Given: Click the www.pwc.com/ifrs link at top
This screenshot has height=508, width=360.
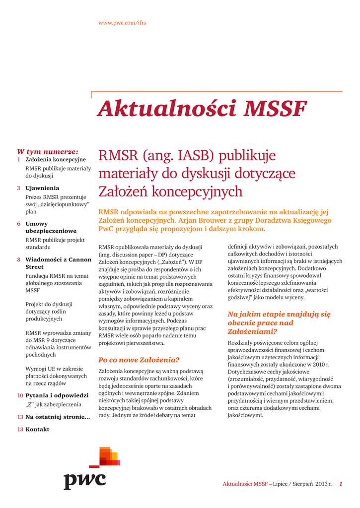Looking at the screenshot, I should tap(122, 23).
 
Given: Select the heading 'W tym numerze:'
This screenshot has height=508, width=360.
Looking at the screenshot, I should tap(48, 151).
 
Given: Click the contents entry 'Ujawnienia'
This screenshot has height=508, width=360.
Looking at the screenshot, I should tap(42, 188).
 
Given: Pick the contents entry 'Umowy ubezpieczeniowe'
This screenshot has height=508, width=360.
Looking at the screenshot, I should tap(51, 227).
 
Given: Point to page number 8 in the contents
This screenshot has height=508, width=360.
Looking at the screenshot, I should tap(18, 259).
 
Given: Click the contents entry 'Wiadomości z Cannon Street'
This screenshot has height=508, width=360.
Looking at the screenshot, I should tap(58, 263).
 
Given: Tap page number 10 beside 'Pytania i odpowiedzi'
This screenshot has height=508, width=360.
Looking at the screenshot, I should tap(20, 395).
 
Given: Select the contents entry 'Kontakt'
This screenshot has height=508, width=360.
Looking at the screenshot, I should tap(37, 429).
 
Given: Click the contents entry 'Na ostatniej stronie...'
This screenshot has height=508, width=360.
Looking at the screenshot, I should tap(58, 417).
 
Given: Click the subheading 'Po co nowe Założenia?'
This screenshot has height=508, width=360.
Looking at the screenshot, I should tap(139, 360).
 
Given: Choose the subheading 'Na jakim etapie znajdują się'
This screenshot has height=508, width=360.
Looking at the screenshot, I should tap(279, 314).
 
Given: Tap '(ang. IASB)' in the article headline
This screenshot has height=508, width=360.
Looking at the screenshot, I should tap(177, 156).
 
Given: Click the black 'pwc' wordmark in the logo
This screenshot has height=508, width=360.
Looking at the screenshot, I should tap(84, 480).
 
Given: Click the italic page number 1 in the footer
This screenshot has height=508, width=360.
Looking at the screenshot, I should tap(341, 484).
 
